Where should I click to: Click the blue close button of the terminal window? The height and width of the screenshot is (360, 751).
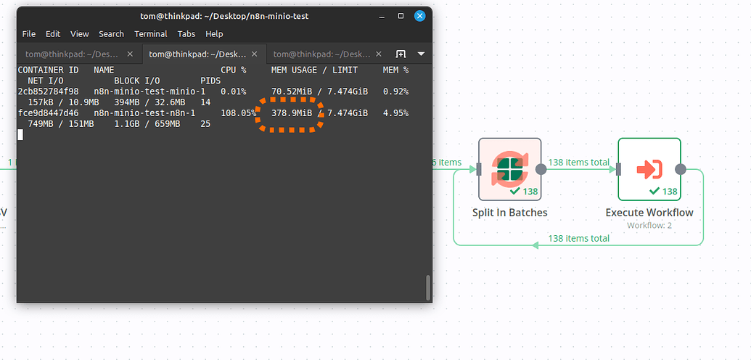coord(419,16)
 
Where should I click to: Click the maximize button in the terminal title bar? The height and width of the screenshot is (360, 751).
coord(401,16)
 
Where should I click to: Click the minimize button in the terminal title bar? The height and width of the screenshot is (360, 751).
coord(382,16)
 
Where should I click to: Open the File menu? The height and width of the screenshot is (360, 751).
coord(29,34)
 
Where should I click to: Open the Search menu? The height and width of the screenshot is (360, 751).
coord(112,34)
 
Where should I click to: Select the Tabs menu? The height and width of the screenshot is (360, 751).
coord(186,34)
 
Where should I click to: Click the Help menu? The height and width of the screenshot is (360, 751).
coord(214,34)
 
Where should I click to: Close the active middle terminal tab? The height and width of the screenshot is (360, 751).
coord(255,54)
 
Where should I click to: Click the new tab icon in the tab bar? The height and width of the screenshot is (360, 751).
coord(401,54)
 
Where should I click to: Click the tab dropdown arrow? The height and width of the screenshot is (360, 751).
coord(421,54)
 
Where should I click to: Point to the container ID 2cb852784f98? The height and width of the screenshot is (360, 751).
coord(49,91)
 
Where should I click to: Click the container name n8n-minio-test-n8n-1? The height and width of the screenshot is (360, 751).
coord(144,113)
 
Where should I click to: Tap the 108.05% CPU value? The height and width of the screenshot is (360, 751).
coord(239,113)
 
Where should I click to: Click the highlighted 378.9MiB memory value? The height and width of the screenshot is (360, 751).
coord(292,113)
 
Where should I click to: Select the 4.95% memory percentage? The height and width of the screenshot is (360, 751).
coord(395,113)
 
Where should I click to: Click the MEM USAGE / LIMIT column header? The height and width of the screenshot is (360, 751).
coord(315,70)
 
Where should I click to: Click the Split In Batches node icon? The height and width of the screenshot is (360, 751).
coord(509,168)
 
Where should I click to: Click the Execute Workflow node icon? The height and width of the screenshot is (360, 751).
coord(649,169)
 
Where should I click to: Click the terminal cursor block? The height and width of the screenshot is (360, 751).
coord(20,135)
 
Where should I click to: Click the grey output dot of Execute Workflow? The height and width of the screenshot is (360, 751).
coord(680,169)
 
